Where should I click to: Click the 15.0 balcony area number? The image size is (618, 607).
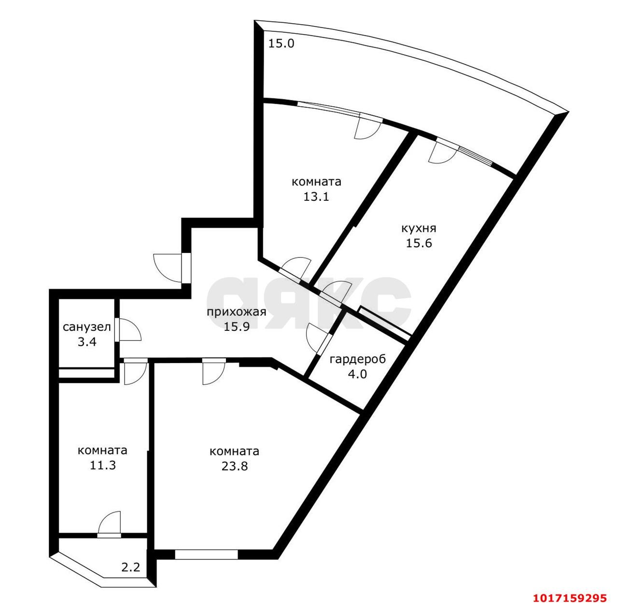pyautogui.click(x=281, y=43)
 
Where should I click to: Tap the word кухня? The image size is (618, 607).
pyautogui.click(x=419, y=229)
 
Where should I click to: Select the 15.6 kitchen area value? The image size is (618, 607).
pyautogui.click(x=419, y=243)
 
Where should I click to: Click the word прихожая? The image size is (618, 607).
pyautogui.click(x=237, y=312)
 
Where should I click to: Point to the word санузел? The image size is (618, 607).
pyautogui.click(x=86, y=327)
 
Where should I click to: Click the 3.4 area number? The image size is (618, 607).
pyautogui.click(x=87, y=342)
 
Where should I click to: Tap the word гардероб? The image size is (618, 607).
pyautogui.click(x=358, y=359)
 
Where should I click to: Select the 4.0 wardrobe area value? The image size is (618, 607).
pyautogui.click(x=357, y=374)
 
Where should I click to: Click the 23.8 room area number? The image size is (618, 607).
pyautogui.click(x=235, y=466)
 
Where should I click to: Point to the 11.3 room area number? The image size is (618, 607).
pyautogui.click(x=102, y=465)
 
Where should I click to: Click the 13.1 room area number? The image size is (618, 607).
pyautogui.click(x=316, y=197)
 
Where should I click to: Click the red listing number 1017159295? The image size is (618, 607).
pyautogui.click(x=570, y=598)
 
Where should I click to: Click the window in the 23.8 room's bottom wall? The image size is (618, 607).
pyautogui.click(x=206, y=525)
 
